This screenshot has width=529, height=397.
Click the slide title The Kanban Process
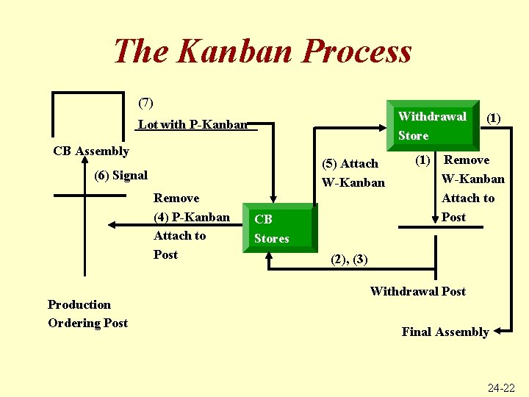(262, 51)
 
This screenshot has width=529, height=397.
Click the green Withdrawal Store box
(432, 126)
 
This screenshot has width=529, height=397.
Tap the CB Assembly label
(91, 151)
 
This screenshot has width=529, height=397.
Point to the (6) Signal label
(121, 176)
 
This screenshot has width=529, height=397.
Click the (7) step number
(145, 102)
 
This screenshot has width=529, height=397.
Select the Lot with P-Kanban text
(193, 124)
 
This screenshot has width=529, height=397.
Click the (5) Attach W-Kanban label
(353, 173)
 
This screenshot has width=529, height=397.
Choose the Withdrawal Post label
(417, 291)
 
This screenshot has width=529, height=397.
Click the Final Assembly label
(445, 332)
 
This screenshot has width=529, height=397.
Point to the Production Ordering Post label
(87, 314)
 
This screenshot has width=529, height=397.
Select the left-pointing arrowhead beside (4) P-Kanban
(112, 225)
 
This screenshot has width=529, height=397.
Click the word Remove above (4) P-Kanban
(176, 198)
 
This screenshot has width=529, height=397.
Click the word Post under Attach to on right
(454, 217)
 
